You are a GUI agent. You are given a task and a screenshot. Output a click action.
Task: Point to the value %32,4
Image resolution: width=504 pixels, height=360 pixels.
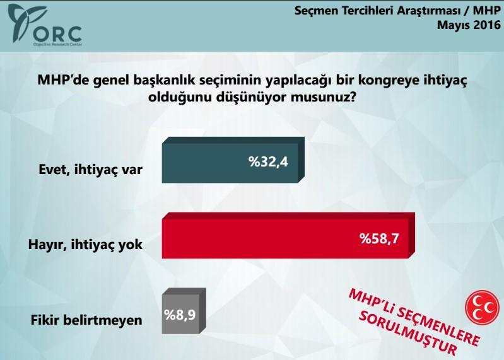coord(268,163)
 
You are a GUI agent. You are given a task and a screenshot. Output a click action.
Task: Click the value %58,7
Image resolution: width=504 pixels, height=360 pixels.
coord(380,239)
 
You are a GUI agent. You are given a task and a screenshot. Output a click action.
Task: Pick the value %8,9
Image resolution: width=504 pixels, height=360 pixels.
coord(182,312)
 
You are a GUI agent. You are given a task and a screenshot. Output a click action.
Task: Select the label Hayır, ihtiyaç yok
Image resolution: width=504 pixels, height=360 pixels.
coord(86,244)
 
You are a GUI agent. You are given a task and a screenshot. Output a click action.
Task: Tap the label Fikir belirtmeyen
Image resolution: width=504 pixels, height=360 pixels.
coord(86,319)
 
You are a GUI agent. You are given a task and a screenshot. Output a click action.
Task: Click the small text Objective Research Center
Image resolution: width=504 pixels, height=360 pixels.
coord(57,45)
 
